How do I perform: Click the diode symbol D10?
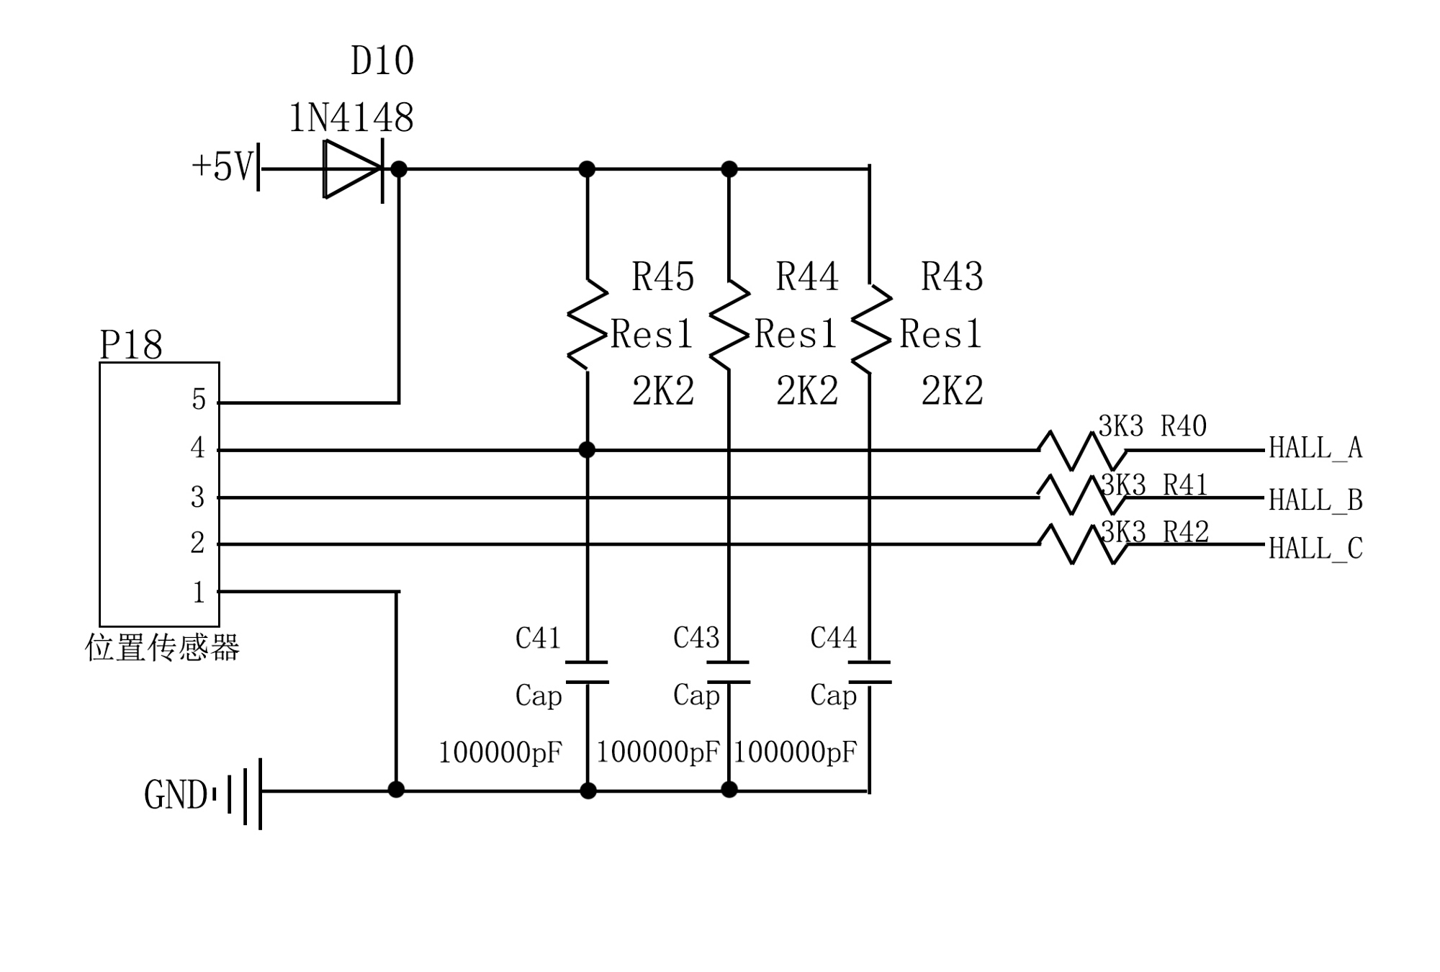(352, 169)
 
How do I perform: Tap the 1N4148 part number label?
(351, 118)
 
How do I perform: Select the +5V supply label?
(222, 166)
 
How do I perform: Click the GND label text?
(175, 796)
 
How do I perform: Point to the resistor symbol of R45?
(588, 325)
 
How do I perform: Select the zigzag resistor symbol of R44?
(729, 326)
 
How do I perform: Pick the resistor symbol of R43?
(870, 329)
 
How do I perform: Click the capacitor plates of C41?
(588, 672)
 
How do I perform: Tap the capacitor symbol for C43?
(729, 672)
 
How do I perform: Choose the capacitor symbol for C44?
(870, 672)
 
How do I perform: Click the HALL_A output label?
(1315, 448)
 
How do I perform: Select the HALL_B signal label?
(1315, 500)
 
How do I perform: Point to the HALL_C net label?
(1315, 549)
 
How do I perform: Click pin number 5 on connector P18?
(199, 400)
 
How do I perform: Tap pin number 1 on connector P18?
(199, 593)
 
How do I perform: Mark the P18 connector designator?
(130, 346)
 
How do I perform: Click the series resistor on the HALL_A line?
(1082, 451)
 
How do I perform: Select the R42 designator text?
(1186, 532)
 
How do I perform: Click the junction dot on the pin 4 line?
(588, 450)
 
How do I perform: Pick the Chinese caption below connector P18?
(162, 647)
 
